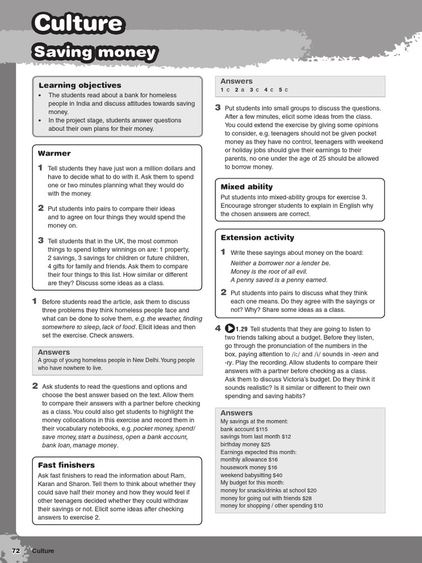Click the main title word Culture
pos(77,23)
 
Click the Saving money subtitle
pos(95,53)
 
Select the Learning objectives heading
pos(80,85)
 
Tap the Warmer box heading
pos(54,153)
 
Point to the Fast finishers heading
pos(66,465)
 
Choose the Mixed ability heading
pos(246,187)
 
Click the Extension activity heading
pos(257,238)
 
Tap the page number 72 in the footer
pos(16,551)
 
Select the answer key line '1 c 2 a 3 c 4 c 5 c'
pos(254,90)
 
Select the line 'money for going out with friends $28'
pos(266,498)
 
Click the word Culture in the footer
pos(43,551)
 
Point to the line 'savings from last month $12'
pos(256,437)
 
